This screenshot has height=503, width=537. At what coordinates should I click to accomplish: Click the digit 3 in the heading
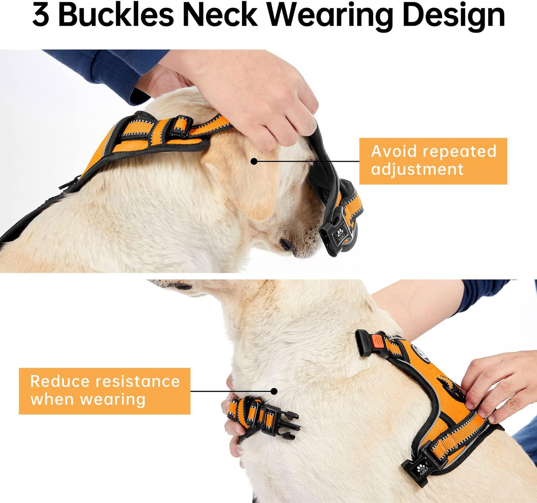[41, 15]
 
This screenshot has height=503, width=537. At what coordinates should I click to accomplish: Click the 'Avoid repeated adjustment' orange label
[433, 161]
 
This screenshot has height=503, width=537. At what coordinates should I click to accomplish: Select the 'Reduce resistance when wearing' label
[104, 391]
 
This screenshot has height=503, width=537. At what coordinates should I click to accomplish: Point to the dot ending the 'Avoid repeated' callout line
[254, 161]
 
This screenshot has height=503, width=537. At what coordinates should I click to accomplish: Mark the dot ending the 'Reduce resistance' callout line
[274, 391]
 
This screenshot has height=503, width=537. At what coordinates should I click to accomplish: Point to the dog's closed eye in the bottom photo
[182, 287]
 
